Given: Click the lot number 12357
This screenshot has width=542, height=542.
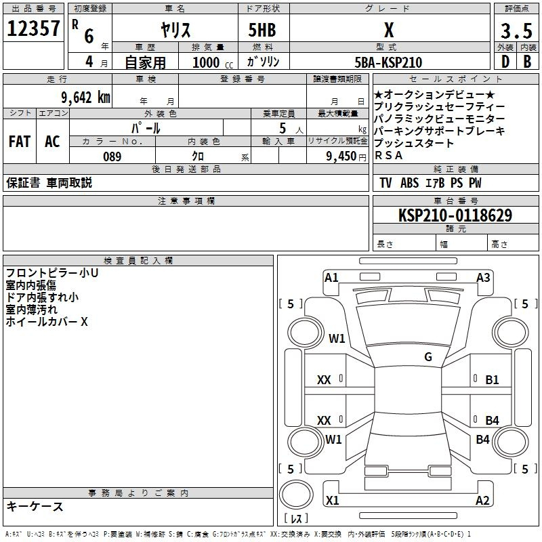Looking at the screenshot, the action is tap(33, 28).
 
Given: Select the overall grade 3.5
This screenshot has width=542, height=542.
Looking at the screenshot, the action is tap(516, 30).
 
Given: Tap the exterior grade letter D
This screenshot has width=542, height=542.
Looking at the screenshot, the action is tap(505, 62).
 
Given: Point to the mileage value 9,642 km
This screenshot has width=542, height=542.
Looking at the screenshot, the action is tap(86, 98).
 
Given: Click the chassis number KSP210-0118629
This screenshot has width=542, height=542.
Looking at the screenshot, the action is tap(455, 215).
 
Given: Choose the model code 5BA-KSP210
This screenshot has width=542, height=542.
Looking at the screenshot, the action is tap(388, 62).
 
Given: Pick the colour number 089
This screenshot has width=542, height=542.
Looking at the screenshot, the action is tap(112, 157).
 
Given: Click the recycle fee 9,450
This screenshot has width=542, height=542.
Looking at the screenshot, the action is tap(341, 157).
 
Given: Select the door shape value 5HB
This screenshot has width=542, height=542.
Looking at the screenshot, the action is tap(262, 30).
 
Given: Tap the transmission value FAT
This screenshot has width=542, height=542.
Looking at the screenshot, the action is tap(20, 142).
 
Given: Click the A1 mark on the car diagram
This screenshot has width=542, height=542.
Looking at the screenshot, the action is tap(331, 278).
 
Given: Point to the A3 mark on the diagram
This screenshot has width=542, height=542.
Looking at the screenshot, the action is tap(483, 278).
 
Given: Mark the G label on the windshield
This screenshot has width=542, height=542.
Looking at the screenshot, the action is tap(428, 357).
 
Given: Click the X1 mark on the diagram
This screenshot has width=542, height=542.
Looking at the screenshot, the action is tap(332, 500).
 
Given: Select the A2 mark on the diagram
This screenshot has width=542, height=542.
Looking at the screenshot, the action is tap(482, 500).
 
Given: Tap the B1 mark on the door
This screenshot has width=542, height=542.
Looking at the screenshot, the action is tap(492, 380).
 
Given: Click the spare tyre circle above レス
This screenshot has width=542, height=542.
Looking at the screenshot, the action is tap(296, 495).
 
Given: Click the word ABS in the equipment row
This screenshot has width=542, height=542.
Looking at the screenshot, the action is tap(410, 183).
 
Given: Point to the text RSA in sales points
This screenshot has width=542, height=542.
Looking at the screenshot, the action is tap(388, 156).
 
